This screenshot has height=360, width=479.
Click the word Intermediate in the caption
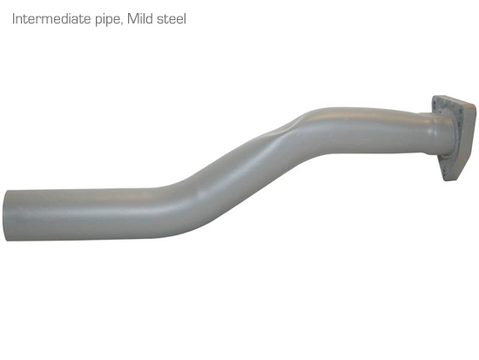point(51,19)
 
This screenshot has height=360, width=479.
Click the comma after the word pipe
point(122,24)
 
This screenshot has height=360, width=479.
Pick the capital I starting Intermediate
point(14,19)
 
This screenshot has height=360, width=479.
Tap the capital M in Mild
point(132,19)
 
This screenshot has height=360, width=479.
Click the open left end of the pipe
point(7,215)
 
